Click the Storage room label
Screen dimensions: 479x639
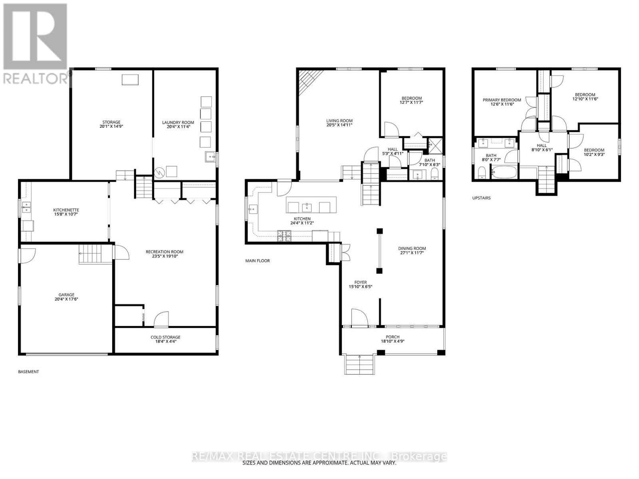(x=111, y=123)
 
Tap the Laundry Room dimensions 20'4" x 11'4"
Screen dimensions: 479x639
(x=178, y=127)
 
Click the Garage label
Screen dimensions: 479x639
(x=66, y=295)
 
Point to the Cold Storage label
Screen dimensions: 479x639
(x=165, y=337)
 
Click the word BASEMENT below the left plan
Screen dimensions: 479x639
(x=29, y=372)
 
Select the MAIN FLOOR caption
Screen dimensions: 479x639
(x=258, y=261)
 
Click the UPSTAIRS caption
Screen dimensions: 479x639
(x=481, y=198)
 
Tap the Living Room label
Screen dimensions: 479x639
(x=339, y=121)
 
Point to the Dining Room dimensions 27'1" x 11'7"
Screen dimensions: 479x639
(x=412, y=253)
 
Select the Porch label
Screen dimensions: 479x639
(x=393, y=337)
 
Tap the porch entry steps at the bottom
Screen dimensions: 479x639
(x=360, y=364)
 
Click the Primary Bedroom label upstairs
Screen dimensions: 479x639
(x=502, y=100)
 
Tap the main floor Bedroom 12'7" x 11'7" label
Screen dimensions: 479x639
(x=411, y=98)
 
